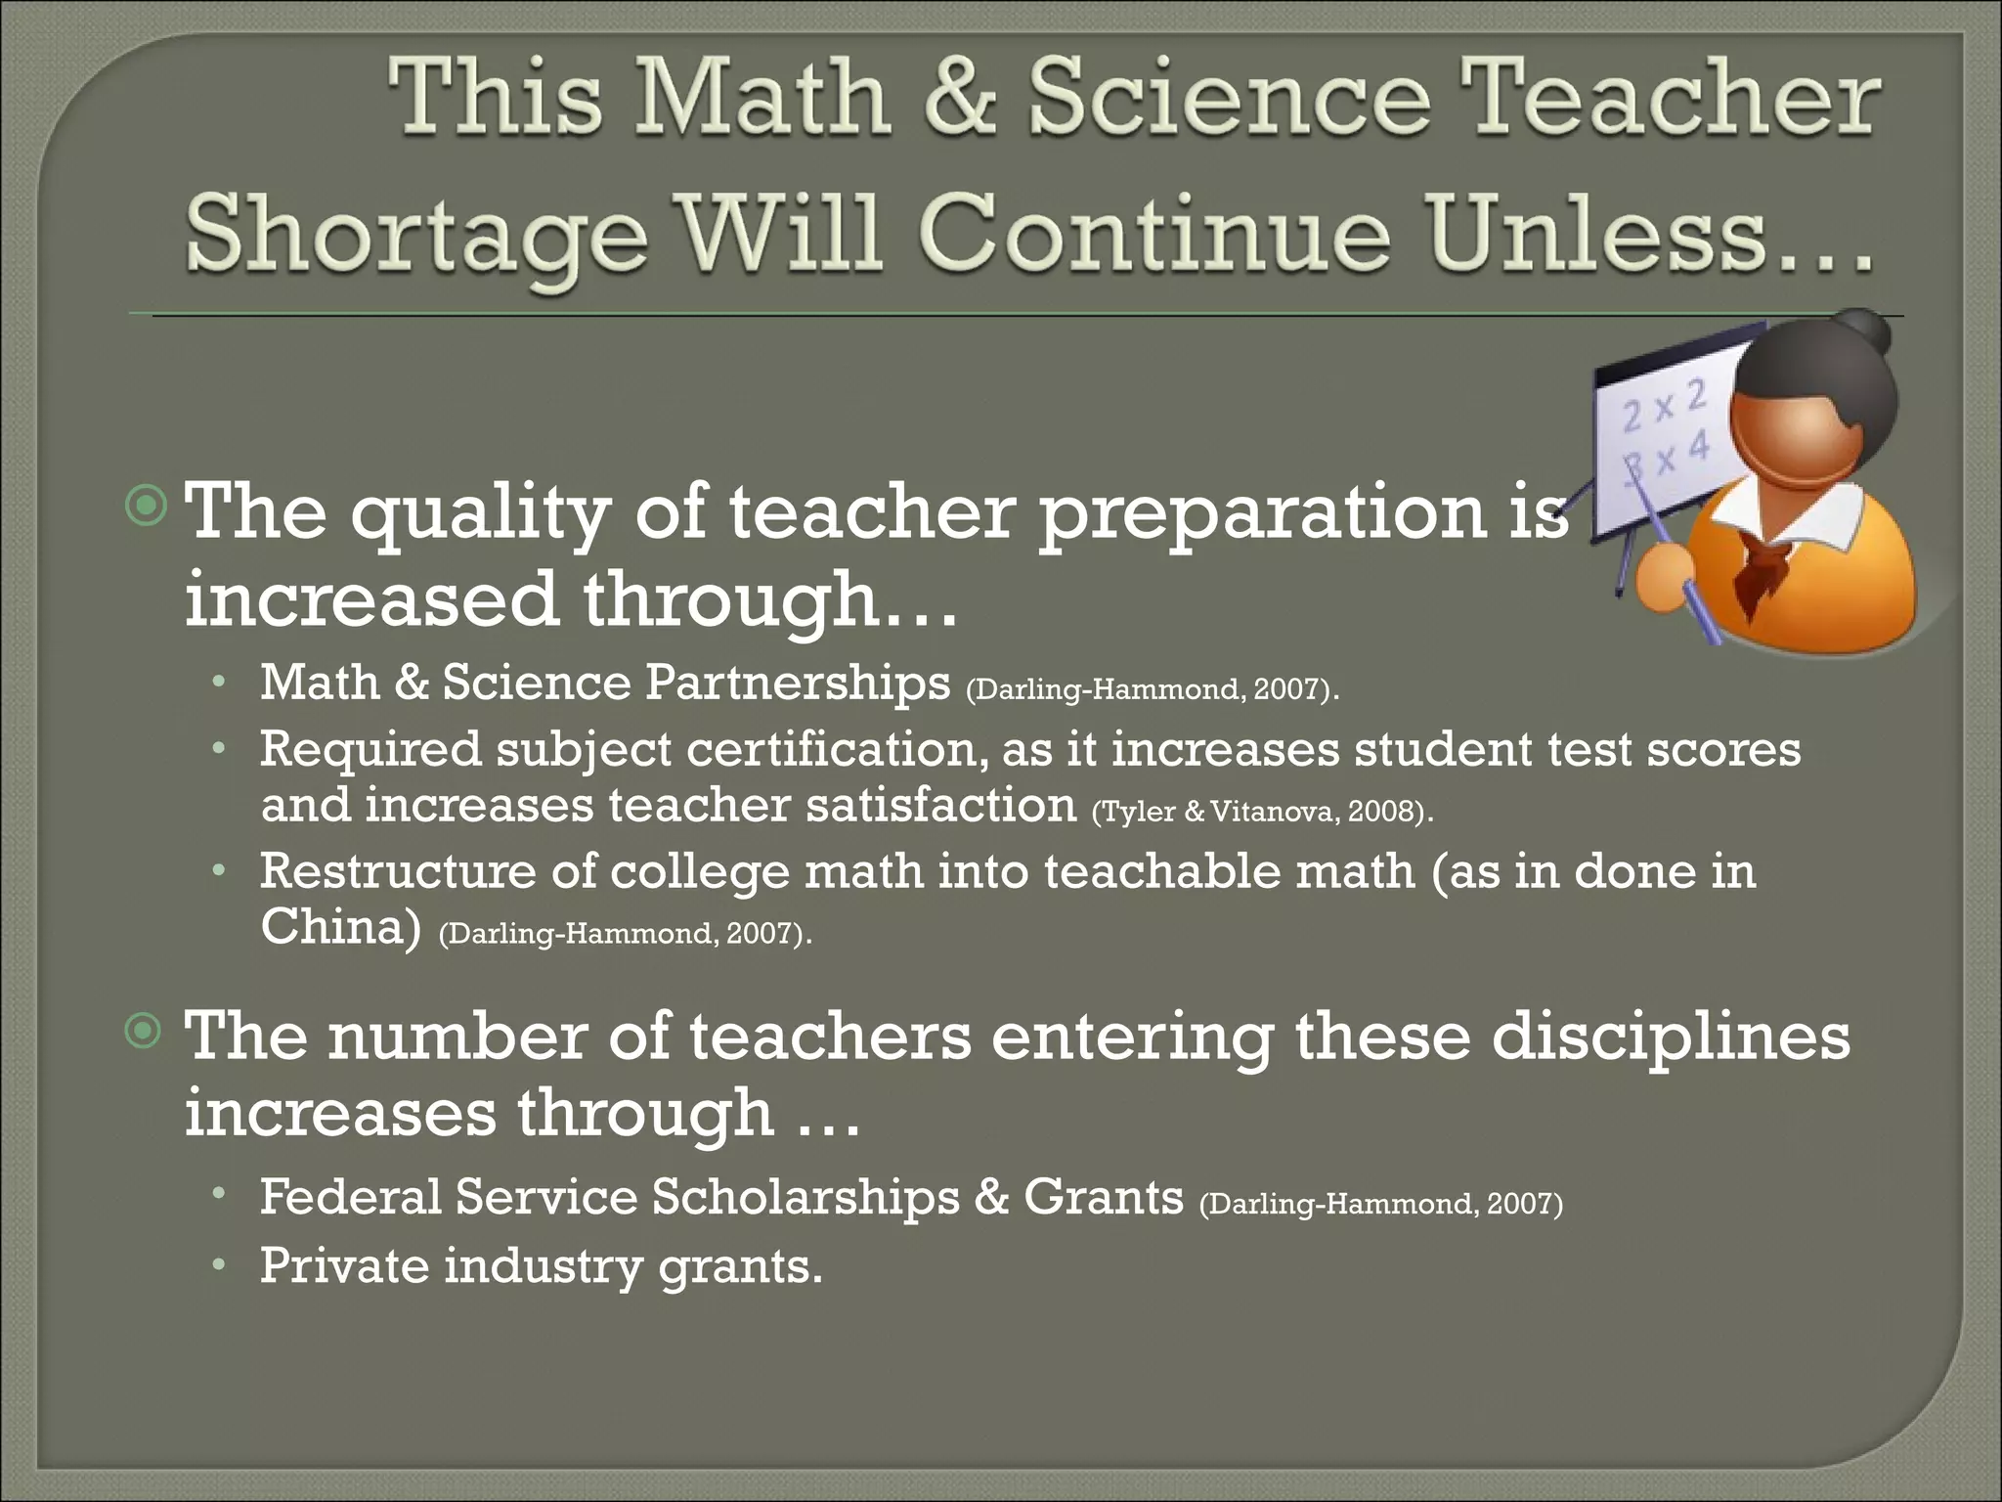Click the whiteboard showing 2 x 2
click(x=1662, y=430)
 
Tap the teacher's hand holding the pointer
click(x=1664, y=579)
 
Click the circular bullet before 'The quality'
click(x=147, y=505)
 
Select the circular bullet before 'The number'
click(x=145, y=1030)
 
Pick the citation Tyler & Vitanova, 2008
click(x=1261, y=812)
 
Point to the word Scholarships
click(x=805, y=1197)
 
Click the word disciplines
click(x=1670, y=1037)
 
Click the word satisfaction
click(x=940, y=806)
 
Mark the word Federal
click(x=350, y=1197)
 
